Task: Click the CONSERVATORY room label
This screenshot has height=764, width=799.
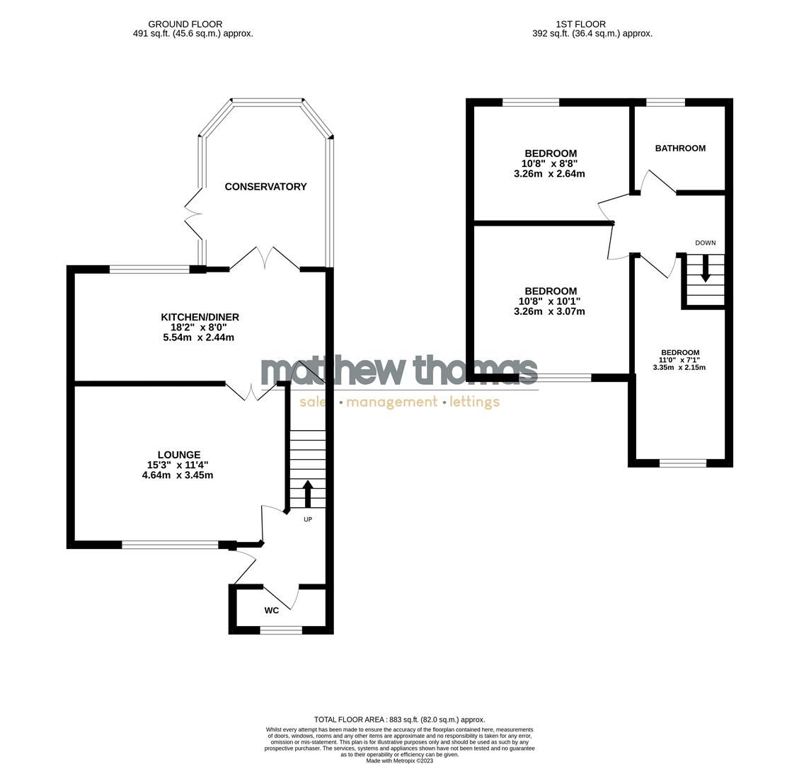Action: click(265, 187)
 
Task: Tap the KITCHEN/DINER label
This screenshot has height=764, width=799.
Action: click(200, 318)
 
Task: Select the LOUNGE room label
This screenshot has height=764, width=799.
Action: click(178, 455)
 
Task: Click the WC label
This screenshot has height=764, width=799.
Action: click(272, 610)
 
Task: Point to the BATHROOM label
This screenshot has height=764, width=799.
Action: click(680, 149)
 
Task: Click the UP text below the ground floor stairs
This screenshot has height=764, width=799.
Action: click(308, 519)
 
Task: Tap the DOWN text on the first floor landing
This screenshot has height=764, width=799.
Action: click(705, 243)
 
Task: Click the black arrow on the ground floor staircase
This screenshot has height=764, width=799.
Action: click(308, 493)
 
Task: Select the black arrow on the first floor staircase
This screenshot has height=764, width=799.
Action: click(705, 268)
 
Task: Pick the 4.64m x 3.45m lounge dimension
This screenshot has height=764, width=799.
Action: click(177, 475)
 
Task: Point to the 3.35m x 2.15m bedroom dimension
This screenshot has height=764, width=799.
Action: click(679, 367)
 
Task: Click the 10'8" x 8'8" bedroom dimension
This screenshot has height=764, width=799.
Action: click(550, 163)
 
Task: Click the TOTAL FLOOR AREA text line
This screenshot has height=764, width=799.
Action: click(399, 719)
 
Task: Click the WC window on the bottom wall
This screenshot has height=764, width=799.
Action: click(281, 630)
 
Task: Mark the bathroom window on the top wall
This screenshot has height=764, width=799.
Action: click(666, 103)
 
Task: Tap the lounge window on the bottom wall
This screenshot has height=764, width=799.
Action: click(170, 545)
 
